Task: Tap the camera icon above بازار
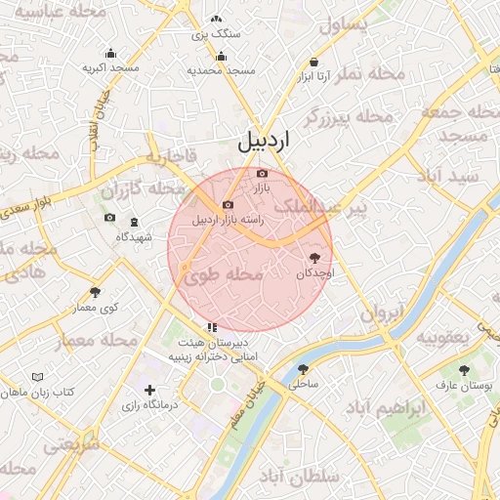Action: pyautogui.click(x=261, y=173)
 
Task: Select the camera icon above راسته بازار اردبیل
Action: pyautogui.click(x=228, y=205)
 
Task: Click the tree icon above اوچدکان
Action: pyautogui.click(x=314, y=258)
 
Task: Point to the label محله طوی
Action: pyautogui.click(x=223, y=276)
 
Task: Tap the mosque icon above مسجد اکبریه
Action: pyautogui.click(x=110, y=54)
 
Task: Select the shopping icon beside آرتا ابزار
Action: pyautogui.click(x=312, y=74)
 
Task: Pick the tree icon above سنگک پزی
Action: pyautogui.click(x=216, y=20)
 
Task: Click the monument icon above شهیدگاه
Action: pyautogui.click(x=134, y=222)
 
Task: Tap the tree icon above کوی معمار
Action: pyautogui.click(x=95, y=292)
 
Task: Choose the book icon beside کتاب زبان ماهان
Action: pyautogui.click(x=38, y=377)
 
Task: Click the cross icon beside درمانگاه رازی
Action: pyautogui.click(x=149, y=391)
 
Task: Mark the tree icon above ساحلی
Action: pyautogui.click(x=303, y=369)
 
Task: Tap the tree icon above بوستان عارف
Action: pyautogui.click(x=464, y=370)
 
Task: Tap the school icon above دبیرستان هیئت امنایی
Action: pyautogui.click(x=211, y=328)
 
